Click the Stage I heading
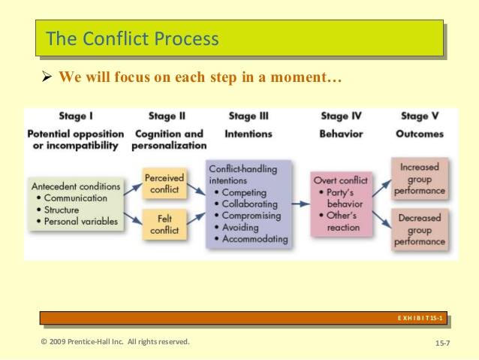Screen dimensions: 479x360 point(76,116)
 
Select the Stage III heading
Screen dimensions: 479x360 point(249,116)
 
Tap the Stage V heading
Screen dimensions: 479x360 point(420,116)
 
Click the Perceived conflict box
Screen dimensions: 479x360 point(164,183)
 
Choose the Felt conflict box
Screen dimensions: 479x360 point(164,224)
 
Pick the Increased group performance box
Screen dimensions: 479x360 point(420,179)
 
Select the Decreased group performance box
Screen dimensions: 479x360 point(420,229)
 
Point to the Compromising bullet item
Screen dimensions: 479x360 point(248,216)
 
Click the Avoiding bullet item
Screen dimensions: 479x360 point(236,227)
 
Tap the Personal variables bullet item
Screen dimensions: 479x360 point(77,221)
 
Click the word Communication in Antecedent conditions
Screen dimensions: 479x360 point(76,198)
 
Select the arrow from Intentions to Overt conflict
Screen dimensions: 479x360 point(301,204)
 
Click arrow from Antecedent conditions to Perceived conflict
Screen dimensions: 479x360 point(133,189)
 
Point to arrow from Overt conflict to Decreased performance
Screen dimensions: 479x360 point(381,219)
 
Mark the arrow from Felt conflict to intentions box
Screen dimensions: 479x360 point(196,219)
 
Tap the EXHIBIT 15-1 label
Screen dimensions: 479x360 point(420,318)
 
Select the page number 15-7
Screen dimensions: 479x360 point(443,343)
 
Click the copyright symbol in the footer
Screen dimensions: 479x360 point(44,342)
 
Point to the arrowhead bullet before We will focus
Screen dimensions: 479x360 point(47,77)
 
